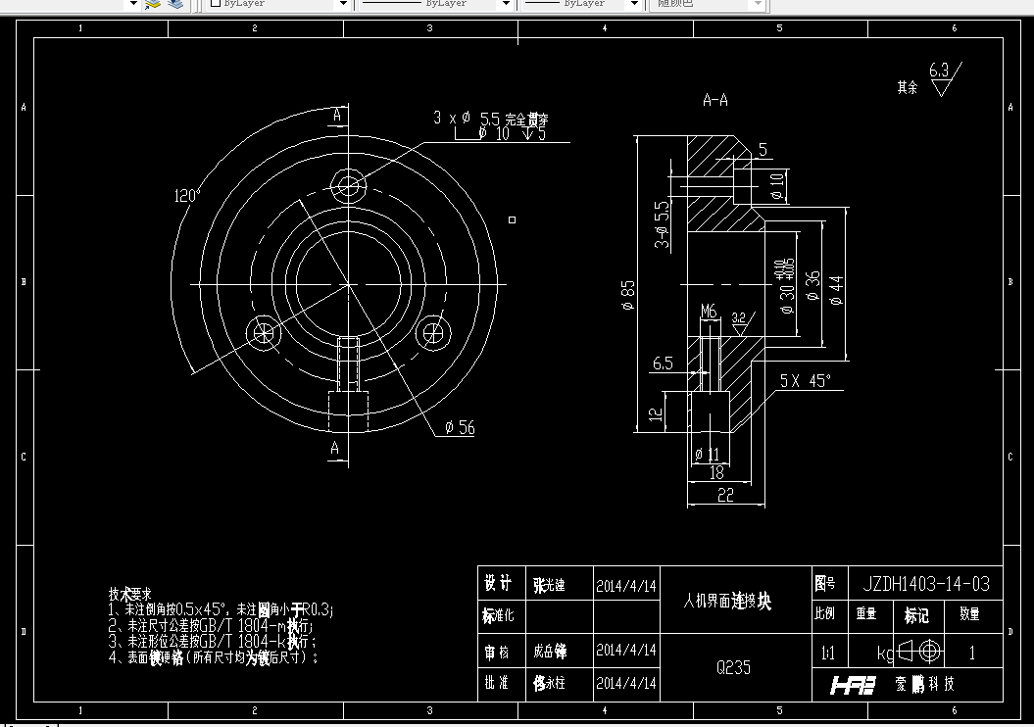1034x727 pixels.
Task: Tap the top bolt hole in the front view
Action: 348,185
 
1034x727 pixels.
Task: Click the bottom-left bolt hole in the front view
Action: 264,332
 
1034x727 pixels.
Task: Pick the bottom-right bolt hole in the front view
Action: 432,331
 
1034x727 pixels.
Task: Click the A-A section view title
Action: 715,100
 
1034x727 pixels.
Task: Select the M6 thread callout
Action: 709,312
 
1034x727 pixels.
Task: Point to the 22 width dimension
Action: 725,496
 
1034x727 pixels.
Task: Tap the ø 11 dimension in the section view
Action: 706,455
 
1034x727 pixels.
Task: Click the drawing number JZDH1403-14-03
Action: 925,584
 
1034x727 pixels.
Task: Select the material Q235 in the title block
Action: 734,667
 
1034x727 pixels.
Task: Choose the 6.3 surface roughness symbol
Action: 942,76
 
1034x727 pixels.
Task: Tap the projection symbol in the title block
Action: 918,652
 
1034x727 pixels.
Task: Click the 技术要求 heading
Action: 130,594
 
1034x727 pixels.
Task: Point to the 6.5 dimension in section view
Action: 663,363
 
